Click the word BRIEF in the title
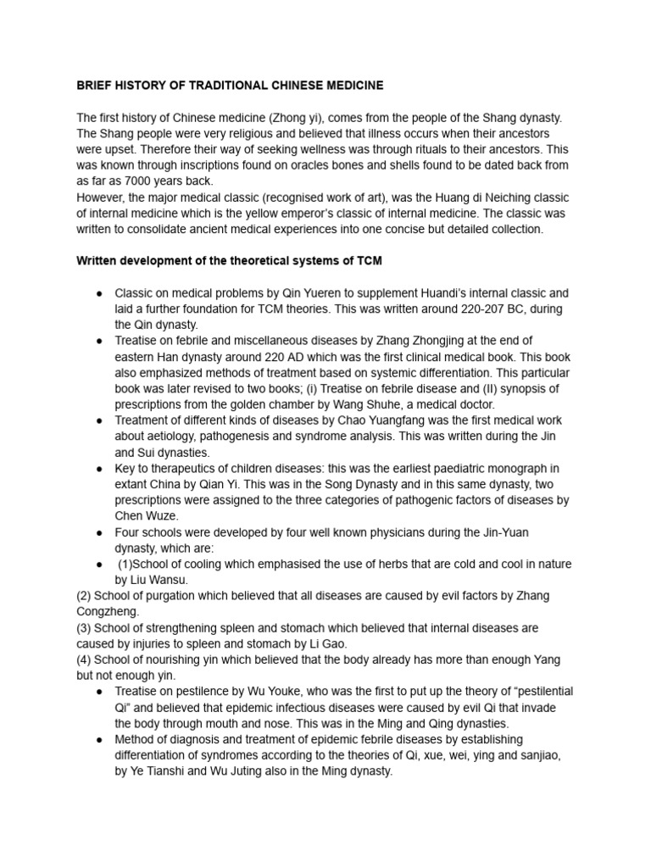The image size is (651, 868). [95, 86]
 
